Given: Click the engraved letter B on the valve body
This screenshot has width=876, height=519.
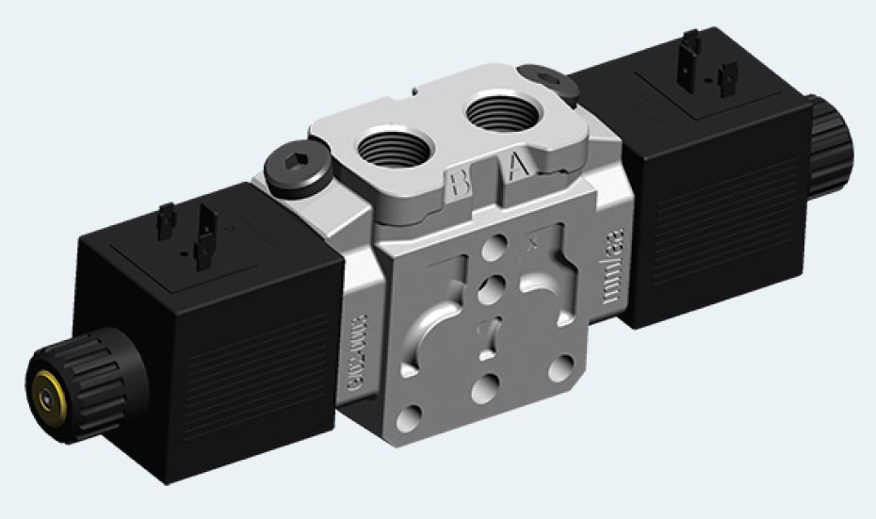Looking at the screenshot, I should (x=461, y=182).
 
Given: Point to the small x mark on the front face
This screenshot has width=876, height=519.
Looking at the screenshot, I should (x=533, y=249).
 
